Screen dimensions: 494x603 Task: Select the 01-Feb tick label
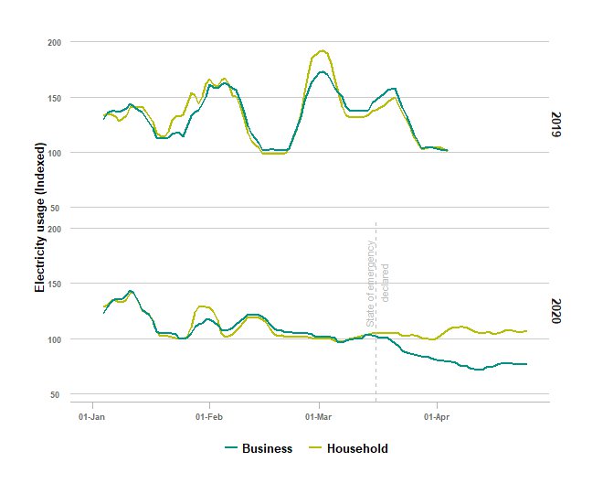tap(209, 416)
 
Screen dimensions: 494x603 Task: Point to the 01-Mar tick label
tap(319, 416)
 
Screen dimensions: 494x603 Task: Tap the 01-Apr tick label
tap(437, 416)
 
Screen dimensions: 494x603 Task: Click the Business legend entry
tap(259, 448)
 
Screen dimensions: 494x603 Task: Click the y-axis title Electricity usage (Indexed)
tap(39, 222)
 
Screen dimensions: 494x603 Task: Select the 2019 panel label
tap(555, 124)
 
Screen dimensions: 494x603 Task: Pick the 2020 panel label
tap(555, 311)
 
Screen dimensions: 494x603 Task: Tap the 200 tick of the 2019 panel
tap(54, 42)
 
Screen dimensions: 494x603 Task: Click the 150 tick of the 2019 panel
tap(54, 97)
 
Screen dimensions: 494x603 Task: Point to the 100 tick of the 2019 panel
tap(54, 153)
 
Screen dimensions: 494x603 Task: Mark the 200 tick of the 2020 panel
tap(54, 229)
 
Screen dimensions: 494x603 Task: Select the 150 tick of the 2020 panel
tap(54, 284)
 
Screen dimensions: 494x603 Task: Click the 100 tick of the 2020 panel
tap(54, 339)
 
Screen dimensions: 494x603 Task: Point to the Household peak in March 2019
tap(322, 51)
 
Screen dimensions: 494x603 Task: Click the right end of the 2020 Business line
tap(526, 364)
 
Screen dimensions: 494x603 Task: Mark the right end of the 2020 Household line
tap(526, 331)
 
